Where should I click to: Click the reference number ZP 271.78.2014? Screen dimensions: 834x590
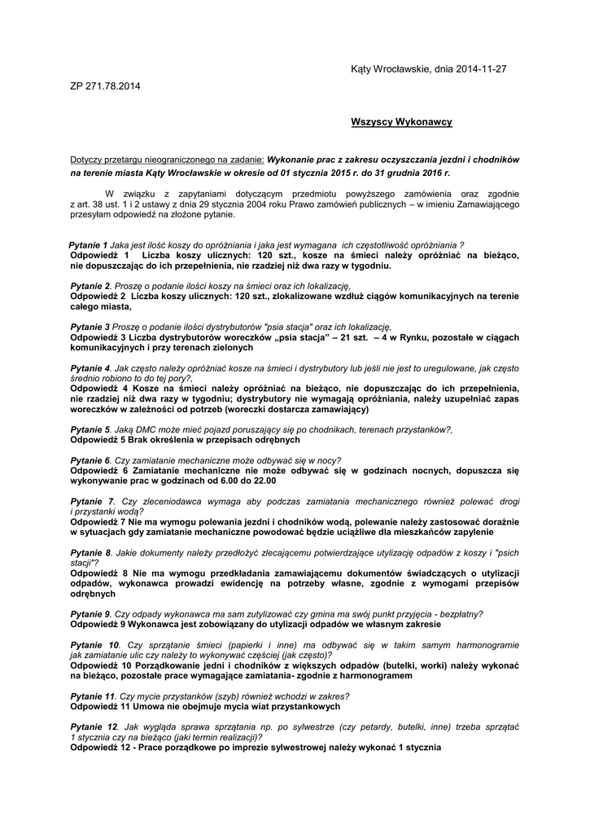tap(106, 86)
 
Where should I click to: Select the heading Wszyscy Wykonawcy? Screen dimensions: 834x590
tap(401, 121)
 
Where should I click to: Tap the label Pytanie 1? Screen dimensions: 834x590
tap(88, 245)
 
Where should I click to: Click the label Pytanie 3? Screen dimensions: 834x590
tap(90, 327)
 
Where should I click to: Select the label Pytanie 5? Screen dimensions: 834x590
tap(90, 429)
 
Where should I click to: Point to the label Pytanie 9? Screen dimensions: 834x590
tap(90, 613)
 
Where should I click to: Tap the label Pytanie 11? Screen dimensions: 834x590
tap(92, 696)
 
